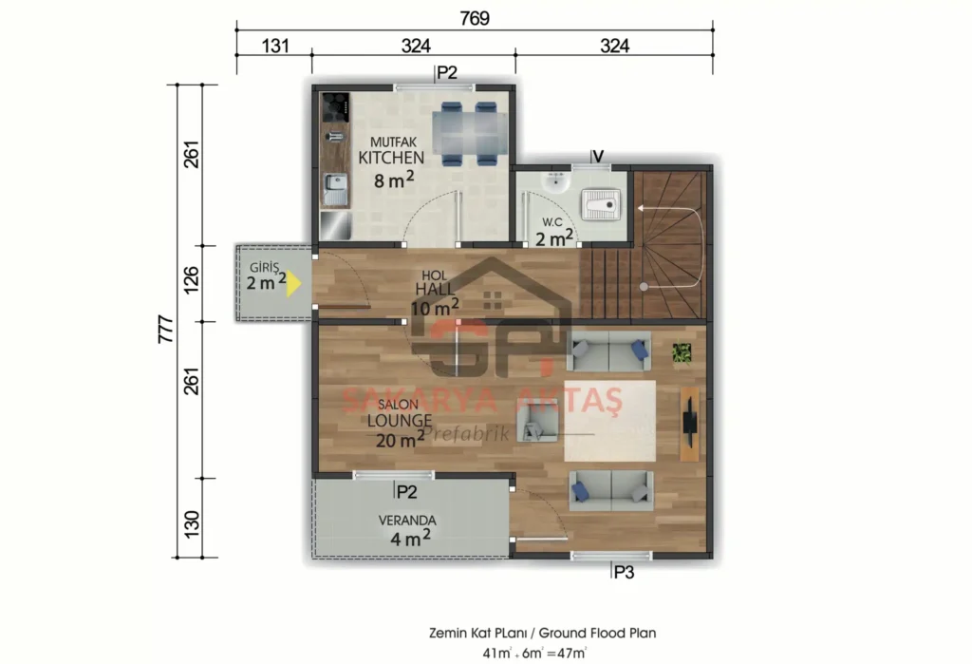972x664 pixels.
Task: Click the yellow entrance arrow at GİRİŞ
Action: point(294,283)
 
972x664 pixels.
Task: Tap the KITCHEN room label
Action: point(391,158)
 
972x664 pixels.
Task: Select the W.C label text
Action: point(552,222)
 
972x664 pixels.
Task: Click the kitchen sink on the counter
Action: point(333,191)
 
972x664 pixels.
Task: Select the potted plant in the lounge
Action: point(682,352)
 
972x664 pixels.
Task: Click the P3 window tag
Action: point(623,572)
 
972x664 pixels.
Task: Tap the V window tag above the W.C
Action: point(597,156)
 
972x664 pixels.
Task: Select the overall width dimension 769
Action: point(474,18)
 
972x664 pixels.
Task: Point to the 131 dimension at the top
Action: point(272,46)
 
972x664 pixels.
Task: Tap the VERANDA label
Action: point(406,521)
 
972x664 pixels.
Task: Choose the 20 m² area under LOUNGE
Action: point(400,439)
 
